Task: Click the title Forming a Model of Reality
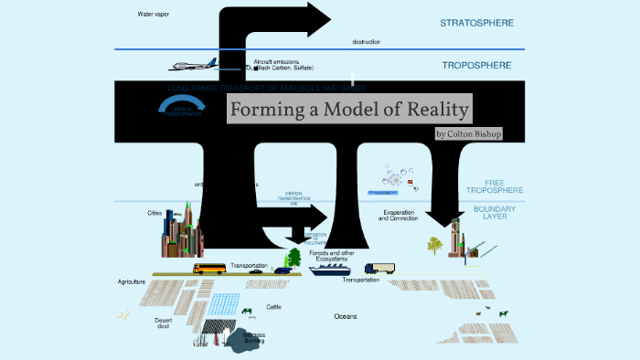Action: click(350, 111)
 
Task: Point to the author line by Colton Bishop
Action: click(469, 133)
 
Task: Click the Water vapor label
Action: click(154, 15)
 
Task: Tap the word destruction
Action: click(366, 42)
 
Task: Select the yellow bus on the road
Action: click(209, 269)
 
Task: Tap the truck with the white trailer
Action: click(379, 269)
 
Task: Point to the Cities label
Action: click(155, 213)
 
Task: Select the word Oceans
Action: click(346, 316)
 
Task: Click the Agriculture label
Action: click(133, 282)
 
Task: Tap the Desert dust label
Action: click(164, 323)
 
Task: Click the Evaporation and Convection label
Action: click(399, 216)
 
